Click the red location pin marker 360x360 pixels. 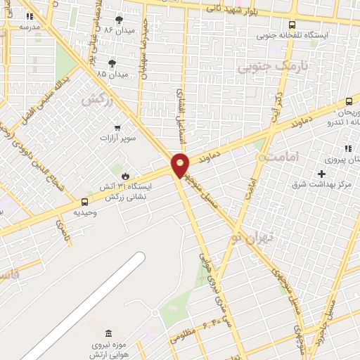[x=181, y=165]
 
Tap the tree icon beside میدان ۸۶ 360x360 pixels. [x=118, y=19]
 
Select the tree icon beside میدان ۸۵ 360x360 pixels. [x=112, y=63]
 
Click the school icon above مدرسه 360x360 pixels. [x=30, y=15]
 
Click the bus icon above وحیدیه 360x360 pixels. [x=84, y=202]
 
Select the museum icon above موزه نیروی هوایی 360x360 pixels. [x=108, y=333]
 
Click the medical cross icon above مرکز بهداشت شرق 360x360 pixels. [x=321, y=174]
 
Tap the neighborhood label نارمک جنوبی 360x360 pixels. [x=263, y=67]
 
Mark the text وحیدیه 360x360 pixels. [x=85, y=212]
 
